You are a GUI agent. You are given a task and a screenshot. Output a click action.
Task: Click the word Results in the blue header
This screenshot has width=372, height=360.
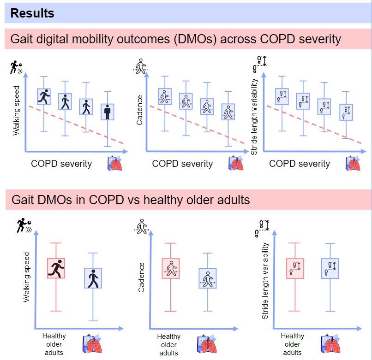pyautogui.click(x=32, y=13)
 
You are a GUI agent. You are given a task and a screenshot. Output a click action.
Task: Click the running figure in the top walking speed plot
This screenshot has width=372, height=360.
pyautogui.click(x=44, y=97)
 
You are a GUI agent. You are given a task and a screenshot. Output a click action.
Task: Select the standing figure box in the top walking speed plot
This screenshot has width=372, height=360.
pyautogui.click(x=108, y=112)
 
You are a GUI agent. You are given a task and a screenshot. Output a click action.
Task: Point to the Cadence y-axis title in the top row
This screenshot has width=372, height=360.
pyautogui.click(x=140, y=110)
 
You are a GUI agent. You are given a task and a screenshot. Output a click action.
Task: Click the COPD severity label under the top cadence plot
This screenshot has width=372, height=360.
pyautogui.click(x=182, y=164)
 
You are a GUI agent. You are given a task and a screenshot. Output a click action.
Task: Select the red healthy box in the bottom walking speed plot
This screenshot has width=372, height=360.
pyautogui.click(x=56, y=268)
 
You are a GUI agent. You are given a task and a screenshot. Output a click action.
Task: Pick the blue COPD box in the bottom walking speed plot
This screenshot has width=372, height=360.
pyautogui.click(x=93, y=278)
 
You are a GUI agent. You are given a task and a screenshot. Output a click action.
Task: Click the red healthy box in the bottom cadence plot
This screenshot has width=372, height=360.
pyautogui.click(x=171, y=268)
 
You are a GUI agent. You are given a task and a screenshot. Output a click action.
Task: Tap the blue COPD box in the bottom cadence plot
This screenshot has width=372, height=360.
pyautogui.click(x=208, y=278)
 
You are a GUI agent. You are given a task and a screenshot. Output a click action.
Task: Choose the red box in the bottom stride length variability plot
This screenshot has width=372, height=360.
pyautogui.click(x=294, y=268)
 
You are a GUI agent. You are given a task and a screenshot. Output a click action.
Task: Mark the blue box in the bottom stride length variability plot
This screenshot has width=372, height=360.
pyautogui.click(x=330, y=268)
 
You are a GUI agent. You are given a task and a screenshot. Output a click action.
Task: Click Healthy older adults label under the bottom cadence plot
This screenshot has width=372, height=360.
pyautogui.click(x=169, y=345)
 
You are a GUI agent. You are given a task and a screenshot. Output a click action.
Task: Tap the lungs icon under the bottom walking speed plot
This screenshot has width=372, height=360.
pyautogui.click(x=92, y=345)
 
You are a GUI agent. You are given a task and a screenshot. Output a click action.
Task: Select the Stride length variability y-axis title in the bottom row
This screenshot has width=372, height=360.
pyautogui.click(x=265, y=281)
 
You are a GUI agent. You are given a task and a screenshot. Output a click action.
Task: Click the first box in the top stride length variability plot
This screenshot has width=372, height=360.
pyautogui.click(x=282, y=96)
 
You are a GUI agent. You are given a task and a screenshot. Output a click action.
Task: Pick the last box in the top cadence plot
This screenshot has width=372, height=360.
pyautogui.click(x=228, y=112)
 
